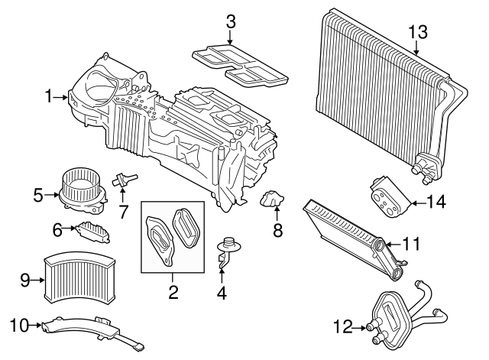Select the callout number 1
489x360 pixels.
49,96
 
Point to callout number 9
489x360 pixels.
24,280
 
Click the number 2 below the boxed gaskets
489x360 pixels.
173,291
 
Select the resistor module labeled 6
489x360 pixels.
92,229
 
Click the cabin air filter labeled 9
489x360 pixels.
81,277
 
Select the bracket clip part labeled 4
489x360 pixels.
227,252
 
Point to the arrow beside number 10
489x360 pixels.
37,326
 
